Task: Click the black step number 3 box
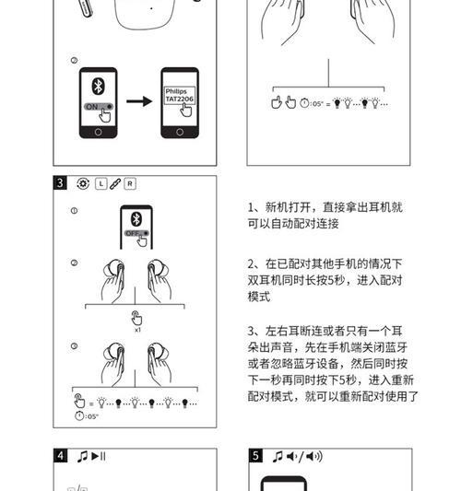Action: tap(61, 182)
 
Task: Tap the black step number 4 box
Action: tap(61, 456)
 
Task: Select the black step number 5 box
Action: tap(255, 456)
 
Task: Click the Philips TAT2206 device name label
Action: tap(177, 97)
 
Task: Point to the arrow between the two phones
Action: tap(138, 99)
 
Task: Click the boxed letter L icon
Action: tap(100, 183)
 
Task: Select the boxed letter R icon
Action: tap(130, 183)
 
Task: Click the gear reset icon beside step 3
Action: tap(83, 183)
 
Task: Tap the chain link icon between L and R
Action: tap(115, 183)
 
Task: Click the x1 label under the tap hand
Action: tap(136, 329)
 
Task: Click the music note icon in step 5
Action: tap(278, 456)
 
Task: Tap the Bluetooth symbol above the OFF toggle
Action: tap(136, 219)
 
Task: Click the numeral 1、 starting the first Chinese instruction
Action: tap(252, 207)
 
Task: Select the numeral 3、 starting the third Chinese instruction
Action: tap(252, 331)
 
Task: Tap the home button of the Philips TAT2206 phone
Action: tap(179, 130)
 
